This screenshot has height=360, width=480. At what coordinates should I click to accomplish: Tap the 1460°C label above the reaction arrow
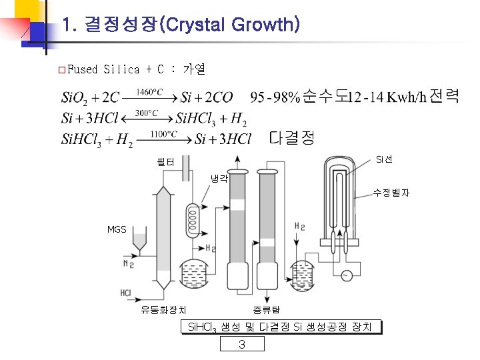point(149,92)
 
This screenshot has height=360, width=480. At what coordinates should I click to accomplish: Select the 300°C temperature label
point(147,113)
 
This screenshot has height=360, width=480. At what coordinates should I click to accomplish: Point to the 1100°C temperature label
point(163,134)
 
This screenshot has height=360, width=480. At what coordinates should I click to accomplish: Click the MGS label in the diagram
point(117,229)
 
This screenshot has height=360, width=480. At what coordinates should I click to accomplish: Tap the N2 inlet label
point(129,263)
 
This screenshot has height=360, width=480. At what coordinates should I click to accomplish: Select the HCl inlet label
point(125,293)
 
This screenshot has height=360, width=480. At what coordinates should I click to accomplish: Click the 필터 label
point(165,161)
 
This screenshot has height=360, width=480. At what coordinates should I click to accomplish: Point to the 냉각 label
point(219,179)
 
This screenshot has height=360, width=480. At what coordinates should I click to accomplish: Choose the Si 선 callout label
point(384,159)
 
